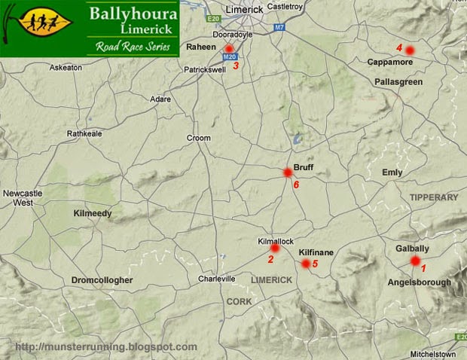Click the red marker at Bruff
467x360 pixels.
click(x=287, y=172)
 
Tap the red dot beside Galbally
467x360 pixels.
click(x=414, y=261)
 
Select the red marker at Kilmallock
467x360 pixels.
click(x=275, y=248)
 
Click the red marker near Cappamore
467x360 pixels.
click(x=410, y=50)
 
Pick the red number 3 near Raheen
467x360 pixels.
click(x=236, y=66)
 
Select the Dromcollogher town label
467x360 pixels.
click(x=102, y=280)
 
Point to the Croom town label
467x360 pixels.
click(x=199, y=138)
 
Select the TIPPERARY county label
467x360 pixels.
click(x=433, y=197)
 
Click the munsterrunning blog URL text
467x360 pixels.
click(x=105, y=347)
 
